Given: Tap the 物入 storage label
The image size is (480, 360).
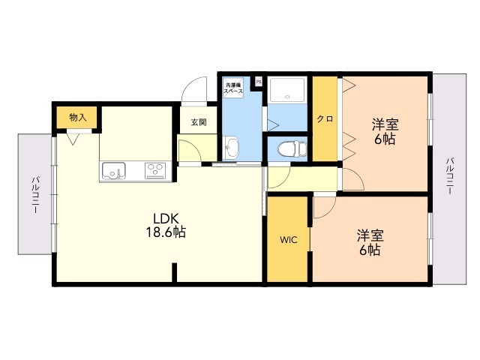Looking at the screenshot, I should click(78, 117).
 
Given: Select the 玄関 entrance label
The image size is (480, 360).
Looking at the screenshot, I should click(198, 122).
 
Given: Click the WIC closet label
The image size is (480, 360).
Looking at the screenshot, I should click(289, 240).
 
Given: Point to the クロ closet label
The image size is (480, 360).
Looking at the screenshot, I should click(325, 118).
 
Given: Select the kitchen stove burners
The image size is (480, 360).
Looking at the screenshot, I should click(156, 171).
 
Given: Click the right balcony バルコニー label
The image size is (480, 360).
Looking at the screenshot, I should click(450, 175).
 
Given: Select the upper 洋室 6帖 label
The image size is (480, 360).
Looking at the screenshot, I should click(385, 131).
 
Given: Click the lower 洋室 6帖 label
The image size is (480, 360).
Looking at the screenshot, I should click(368, 241).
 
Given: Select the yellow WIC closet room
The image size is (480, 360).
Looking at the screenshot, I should click(289, 255).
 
